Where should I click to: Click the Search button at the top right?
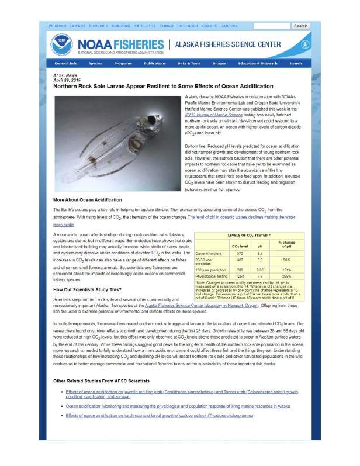300,26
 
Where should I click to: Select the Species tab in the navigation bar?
95,63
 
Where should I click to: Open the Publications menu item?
155,63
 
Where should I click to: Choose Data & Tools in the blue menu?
189,63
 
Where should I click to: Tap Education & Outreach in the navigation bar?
258,63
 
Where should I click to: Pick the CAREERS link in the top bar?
229,26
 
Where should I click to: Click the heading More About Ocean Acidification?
88,200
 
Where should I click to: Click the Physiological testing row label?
210,275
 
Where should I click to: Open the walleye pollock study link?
160,415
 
